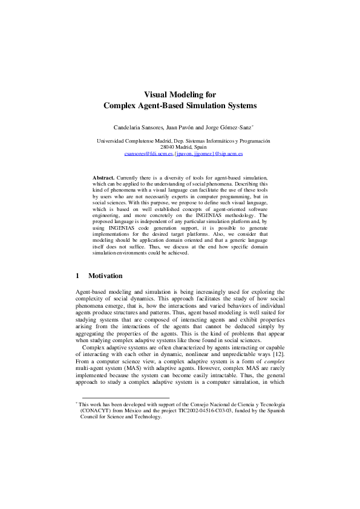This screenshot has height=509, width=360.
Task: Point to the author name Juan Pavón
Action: (x=182, y=128)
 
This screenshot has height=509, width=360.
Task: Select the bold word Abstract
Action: (x=103, y=178)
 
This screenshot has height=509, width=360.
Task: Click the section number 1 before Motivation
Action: (x=77, y=276)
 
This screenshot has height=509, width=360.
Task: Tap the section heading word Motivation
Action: (x=105, y=276)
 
